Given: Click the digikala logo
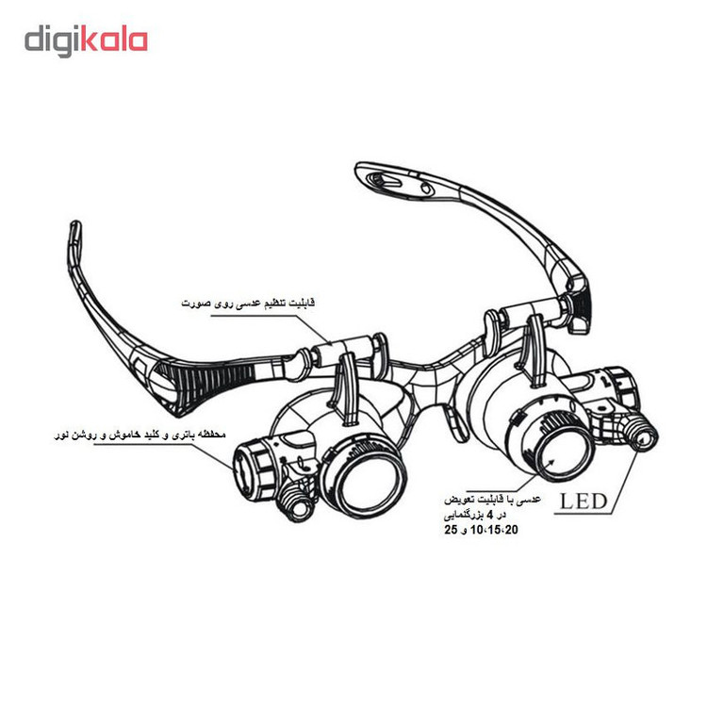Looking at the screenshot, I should click(86, 41).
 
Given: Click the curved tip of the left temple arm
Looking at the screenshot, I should click(75, 236).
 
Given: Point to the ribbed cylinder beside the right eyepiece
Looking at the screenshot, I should click(617, 387).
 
